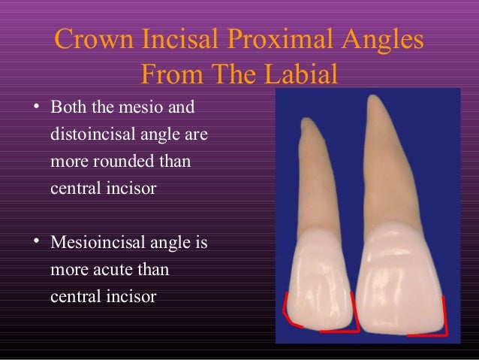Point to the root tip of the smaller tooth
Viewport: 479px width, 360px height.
pyautogui.click(x=306, y=120)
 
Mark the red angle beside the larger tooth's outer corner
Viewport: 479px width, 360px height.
pyautogui.click(x=441, y=319)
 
